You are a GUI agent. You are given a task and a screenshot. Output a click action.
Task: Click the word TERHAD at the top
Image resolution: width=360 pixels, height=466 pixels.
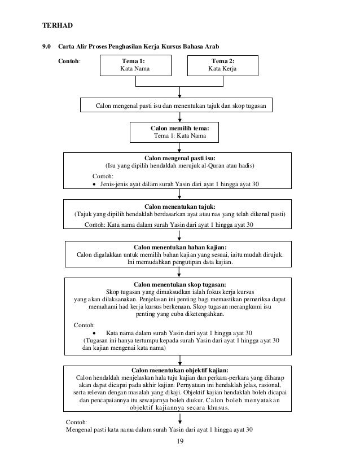(x=58, y=25)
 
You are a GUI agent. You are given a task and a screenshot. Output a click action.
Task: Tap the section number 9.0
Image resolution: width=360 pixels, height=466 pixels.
(x=46, y=46)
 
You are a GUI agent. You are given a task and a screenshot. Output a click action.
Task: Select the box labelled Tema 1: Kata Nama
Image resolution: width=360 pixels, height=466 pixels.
(x=135, y=65)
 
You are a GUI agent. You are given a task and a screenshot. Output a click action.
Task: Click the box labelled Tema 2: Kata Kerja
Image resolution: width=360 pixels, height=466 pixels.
(x=223, y=65)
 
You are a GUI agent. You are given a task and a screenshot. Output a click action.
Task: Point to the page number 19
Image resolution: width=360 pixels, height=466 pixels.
(x=180, y=441)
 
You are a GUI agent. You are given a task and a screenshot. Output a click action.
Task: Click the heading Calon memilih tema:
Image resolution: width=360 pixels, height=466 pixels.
(x=180, y=129)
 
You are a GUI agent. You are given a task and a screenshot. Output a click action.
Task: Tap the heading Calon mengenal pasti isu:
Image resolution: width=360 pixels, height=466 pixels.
(x=180, y=158)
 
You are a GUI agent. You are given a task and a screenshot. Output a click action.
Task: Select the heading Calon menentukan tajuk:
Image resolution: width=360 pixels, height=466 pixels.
(x=180, y=206)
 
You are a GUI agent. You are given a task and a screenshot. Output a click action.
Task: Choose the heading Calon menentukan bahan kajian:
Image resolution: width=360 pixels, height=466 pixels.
(x=180, y=247)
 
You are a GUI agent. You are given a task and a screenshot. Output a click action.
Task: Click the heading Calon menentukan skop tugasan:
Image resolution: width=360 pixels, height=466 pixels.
(x=180, y=284)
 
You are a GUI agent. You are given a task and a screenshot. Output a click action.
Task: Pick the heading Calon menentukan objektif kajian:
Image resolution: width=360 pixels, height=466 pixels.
(x=180, y=370)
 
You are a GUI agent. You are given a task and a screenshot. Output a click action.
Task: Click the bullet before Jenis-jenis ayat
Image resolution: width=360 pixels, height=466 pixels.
(x=94, y=184)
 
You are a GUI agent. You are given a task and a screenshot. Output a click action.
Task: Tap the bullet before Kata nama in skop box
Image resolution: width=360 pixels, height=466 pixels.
(x=94, y=333)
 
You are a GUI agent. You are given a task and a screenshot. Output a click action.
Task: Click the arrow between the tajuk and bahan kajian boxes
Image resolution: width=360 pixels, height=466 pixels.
(x=179, y=235)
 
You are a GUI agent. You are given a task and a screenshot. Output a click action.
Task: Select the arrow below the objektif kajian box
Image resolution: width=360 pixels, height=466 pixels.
(x=180, y=418)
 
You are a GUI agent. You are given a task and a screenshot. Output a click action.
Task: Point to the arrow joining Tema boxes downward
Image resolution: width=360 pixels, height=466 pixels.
(x=179, y=92)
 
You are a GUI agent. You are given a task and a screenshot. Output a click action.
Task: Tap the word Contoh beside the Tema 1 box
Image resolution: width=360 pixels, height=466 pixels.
(x=69, y=61)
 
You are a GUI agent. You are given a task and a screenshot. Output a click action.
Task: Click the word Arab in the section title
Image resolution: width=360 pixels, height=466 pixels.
(x=212, y=46)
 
